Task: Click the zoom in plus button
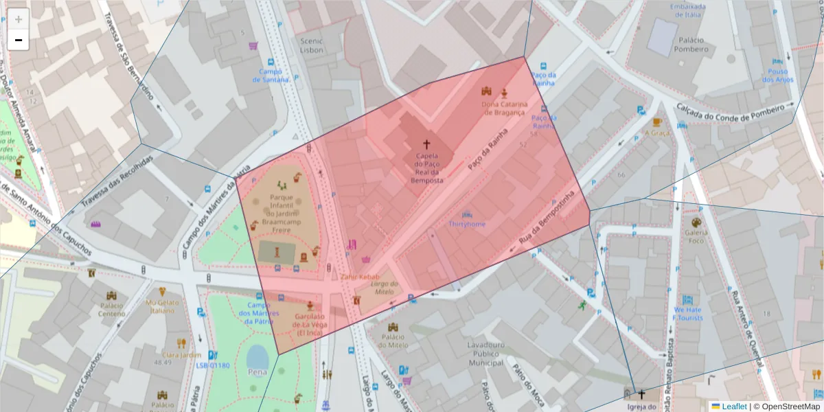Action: point(19,19)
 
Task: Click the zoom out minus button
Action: point(19,40)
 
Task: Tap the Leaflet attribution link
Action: point(734,407)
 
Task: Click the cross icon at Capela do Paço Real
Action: point(426,144)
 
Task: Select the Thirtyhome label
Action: point(467,224)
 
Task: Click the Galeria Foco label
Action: point(696,236)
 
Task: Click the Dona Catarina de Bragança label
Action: point(504,108)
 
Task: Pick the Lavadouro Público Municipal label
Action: point(485,353)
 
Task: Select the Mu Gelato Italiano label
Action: point(161,306)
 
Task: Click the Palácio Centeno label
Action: point(112,309)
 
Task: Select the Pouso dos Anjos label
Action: point(777,75)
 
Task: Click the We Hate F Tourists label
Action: point(687,313)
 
